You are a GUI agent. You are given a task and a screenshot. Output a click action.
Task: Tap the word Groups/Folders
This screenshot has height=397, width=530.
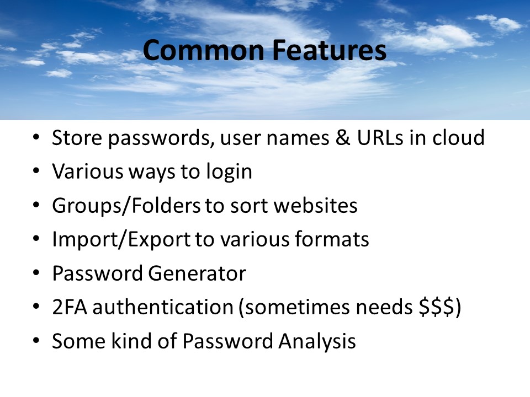[x=126, y=206]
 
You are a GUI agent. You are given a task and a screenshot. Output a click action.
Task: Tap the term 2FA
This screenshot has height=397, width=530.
[x=69, y=308]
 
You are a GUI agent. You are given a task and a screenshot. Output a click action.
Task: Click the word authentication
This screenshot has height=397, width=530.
[x=163, y=308]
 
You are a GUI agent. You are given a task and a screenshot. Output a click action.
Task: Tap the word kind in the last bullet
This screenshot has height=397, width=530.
[x=129, y=341]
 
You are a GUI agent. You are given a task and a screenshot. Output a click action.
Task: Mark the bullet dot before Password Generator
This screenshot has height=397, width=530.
[x=36, y=274]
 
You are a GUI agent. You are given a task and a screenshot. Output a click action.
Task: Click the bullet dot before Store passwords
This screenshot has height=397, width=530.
[x=36, y=138]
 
